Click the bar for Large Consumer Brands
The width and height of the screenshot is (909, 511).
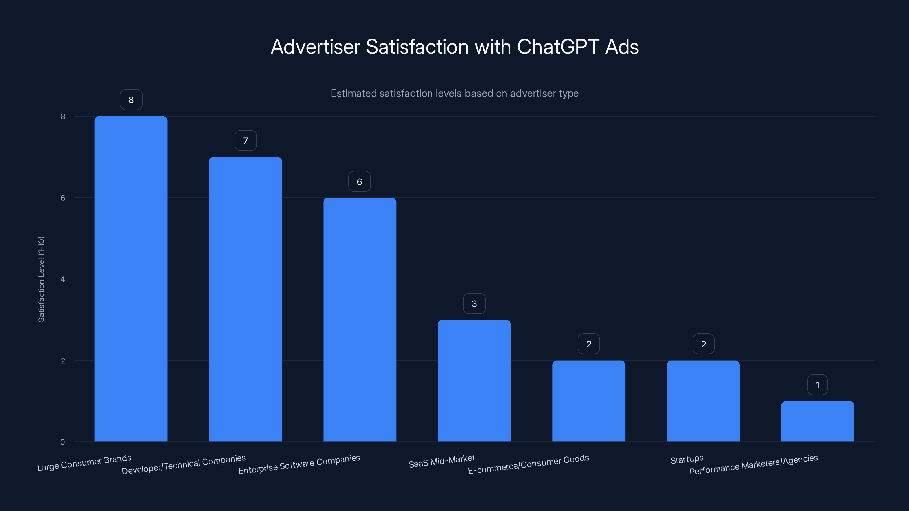tap(131, 278)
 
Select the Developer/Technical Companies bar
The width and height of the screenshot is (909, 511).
tap(245, 299)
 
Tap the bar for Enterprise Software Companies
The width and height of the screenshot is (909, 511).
tap(360, 319)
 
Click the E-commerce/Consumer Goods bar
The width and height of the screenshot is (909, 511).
tap(589, 401)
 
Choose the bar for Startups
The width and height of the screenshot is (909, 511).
tap(703, 401)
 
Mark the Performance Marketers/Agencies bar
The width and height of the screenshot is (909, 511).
tap(817, 421)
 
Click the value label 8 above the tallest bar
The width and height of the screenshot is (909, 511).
tap(131, 100)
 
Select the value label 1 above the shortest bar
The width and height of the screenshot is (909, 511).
tap(817, 385)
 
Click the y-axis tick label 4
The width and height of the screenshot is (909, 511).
tap(63, 279)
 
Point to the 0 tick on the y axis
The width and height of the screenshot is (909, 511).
tap(63, 442)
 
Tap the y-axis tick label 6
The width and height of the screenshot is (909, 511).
tap(63, 198)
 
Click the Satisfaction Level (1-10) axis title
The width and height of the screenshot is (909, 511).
tap(41, 279)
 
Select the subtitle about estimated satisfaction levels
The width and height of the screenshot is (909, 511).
tap(454, 93)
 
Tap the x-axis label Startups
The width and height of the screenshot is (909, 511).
tap(687, 459)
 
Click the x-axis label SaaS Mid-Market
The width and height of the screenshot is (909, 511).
tap(441, 461)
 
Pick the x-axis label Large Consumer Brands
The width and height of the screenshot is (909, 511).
tap(84, 463)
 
